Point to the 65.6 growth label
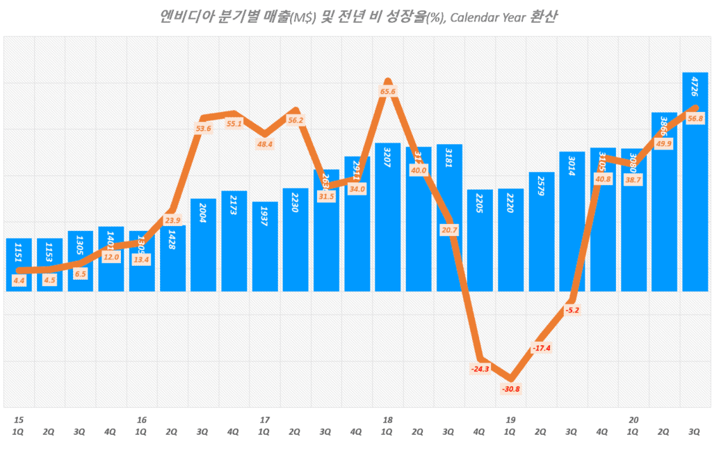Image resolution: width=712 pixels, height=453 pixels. point(388,91)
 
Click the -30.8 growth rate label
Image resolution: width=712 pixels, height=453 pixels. point(510,388)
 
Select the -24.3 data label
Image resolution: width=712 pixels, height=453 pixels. point(480,369)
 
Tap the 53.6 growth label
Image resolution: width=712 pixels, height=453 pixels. point(203,129)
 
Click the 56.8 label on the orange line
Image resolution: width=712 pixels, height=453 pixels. point(695,119)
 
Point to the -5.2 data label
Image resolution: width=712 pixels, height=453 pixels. point(572,310)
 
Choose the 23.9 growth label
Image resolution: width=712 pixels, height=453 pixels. point(172,221)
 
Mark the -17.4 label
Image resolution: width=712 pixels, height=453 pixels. point(541,347)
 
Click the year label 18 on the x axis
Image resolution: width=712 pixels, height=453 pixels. point(387,420)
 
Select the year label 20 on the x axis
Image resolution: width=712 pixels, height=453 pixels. point(633,420)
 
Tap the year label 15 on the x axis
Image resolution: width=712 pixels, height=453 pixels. point(19,420)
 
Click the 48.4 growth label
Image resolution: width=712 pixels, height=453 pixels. point(264,144)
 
